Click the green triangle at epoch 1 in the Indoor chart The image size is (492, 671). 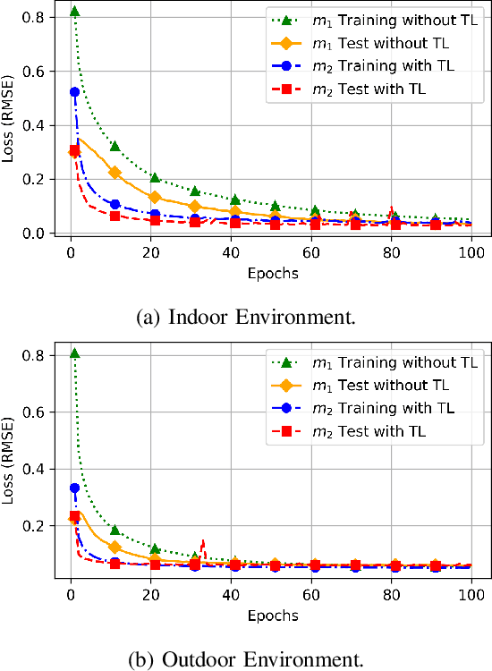tap(74, 12)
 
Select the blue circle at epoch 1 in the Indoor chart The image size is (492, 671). tap(74, 91)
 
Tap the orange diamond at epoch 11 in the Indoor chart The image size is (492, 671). tap(115, 173)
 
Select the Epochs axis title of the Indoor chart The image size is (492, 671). tap(273, 273)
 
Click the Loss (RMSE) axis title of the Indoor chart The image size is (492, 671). tap(10, 124)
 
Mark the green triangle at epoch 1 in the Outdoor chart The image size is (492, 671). tap(74, 354)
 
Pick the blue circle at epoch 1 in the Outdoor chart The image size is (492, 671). tap(74, 488)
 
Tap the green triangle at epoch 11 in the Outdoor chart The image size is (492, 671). tap(115, 531)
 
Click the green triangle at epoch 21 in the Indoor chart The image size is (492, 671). tap(155, 178)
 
